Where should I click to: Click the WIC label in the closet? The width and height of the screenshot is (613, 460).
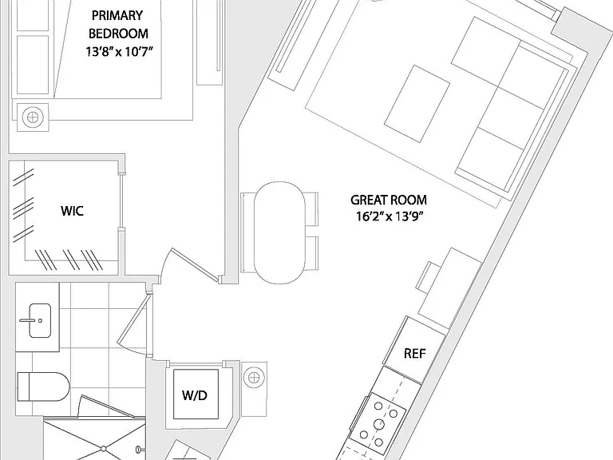pyautogui.click(x=72, y=211)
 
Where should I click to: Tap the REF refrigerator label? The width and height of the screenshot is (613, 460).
pyautogui.click(x=415, y=354)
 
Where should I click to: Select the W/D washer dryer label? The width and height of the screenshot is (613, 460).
pyautogui.click(x=195, y=395)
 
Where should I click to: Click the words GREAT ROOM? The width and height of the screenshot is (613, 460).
pyautogui.click(x=389, y=200)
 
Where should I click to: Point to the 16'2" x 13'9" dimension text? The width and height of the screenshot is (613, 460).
pyautogui.click(x=390, y=216)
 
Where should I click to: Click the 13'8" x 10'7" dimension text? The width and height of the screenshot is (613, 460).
pyautogui.click(x=118, y=52)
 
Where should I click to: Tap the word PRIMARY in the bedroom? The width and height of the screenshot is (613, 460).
pyautogui.click(x=117, y=16)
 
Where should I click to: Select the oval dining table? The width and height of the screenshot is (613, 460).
pyautogui.click(x=279, y=232)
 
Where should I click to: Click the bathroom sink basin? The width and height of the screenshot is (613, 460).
pyautogui.click(x=40, y=320)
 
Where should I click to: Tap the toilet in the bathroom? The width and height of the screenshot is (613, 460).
pyautogui.click(x=43, y=387)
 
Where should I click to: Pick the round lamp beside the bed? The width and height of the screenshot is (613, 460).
pyautogui.click(x=33, y=117)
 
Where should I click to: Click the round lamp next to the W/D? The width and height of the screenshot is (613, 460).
pyautogui.click(x=254, y=378)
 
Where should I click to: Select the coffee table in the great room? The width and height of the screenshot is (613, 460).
pyautogui.click(x=417, y=104)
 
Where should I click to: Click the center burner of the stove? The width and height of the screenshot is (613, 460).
pyautogui.click(x=379, y=424)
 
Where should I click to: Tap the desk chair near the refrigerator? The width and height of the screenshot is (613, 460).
pyautogui.click(x=428, y=276)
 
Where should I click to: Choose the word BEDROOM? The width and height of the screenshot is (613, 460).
pyautogui.click(x=118, y=34)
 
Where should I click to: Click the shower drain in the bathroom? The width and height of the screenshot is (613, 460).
pyautogui.click(x=104, y=448)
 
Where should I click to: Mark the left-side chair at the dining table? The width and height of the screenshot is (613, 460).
pyautogui.click(x=247, y=232)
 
